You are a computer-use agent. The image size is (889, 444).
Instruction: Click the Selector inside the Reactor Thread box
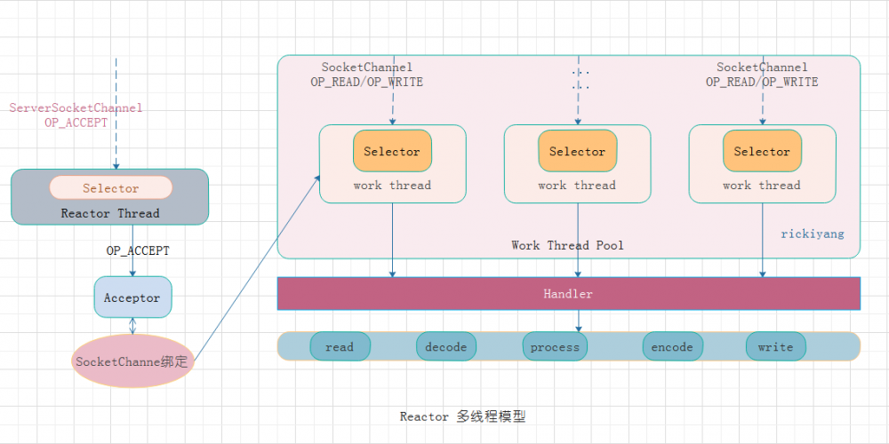point(111,187)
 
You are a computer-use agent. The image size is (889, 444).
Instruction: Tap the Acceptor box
point(132,297)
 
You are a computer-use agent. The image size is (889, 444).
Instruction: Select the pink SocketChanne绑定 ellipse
point(132,361)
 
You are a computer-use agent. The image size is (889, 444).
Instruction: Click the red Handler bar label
point(568,293)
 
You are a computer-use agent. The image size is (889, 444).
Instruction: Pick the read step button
point(340,346)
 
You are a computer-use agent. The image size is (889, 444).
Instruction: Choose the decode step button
point(446,346)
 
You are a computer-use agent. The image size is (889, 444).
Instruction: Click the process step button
point(555,346)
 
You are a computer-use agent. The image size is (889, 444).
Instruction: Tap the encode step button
point(672,346)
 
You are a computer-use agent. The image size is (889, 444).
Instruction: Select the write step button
point(775,346)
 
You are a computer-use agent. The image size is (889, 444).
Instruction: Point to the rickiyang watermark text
point(813,234)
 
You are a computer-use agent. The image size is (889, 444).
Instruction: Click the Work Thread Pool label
point(567,245)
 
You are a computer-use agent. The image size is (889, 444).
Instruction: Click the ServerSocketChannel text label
point(76,107)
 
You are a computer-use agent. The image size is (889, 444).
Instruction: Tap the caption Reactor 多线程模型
point(462,416)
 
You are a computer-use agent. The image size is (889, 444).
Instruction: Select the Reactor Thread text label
point(110,213)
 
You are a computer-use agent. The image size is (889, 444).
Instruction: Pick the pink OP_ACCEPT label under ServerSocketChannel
point(76,123)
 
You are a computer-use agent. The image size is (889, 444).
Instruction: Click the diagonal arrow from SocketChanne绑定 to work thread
point(258,266)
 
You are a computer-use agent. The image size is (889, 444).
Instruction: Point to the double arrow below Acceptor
point(132,325)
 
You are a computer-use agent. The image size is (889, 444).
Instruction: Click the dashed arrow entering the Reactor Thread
point(116,115)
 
